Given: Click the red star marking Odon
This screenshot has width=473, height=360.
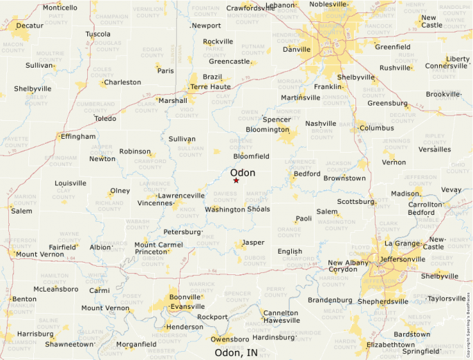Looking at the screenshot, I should (x=236, y=180).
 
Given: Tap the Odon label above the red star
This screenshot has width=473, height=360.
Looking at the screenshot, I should (x=243, y=173).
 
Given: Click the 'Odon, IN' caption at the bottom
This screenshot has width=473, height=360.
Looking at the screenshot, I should (x=236, y=352).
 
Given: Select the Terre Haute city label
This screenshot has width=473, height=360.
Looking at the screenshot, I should (x=210, y=87).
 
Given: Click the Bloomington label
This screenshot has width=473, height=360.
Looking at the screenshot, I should (x=267, y=129).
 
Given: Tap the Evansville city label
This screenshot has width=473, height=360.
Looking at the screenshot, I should (x=187, y=306).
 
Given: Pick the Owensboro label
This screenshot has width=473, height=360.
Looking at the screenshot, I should (x=230, y=339).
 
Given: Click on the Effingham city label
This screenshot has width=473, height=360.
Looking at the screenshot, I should (x=78, y=137).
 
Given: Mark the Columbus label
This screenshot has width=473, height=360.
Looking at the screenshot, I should (x=376, y=128).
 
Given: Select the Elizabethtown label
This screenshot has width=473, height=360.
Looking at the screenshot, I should (x=391, y=344).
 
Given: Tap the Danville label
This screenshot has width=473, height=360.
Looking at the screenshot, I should (x=297, y=49).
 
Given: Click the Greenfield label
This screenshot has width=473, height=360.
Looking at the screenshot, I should (x=393, y=47).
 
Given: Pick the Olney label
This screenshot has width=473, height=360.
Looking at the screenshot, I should (x=120, y=191).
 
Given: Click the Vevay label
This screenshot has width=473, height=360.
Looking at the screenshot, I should (x=451, y=189).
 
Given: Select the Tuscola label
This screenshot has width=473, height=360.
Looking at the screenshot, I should (x=98, y=34).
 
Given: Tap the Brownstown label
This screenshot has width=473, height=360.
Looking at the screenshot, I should (x=344, y=178).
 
